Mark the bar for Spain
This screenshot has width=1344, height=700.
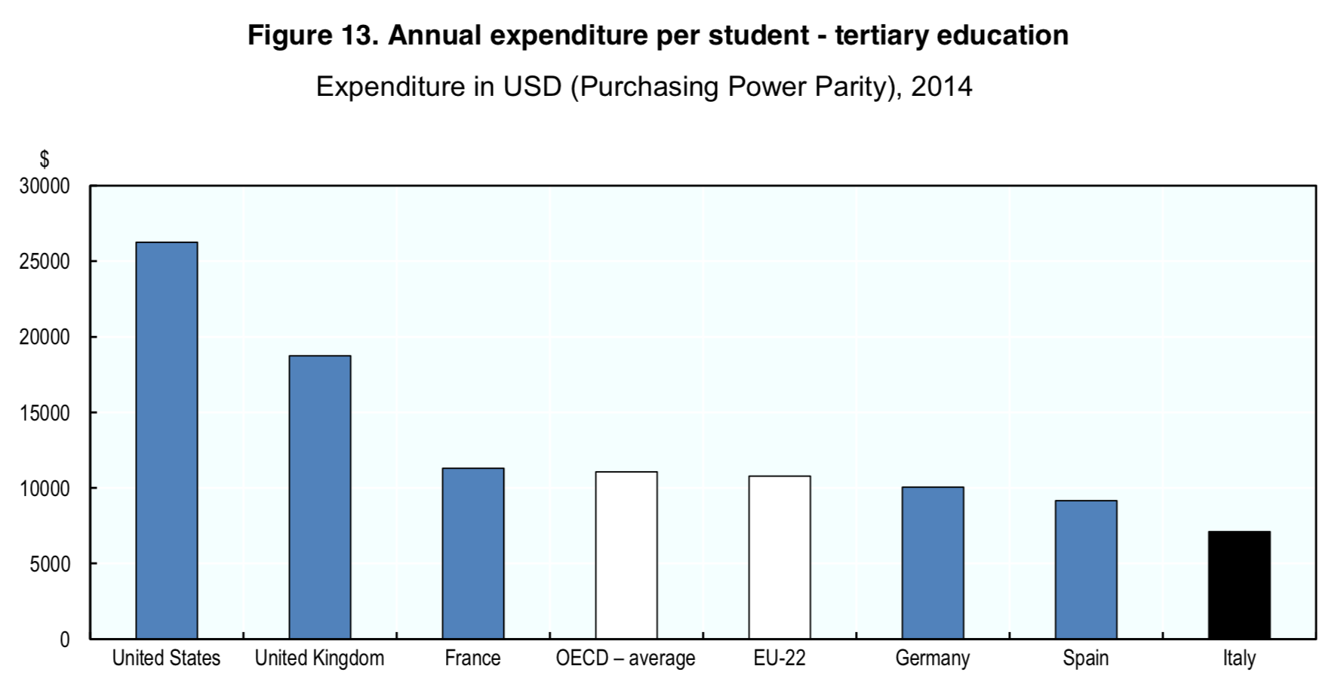click(1085, 569)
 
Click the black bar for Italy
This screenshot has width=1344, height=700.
click(1238, 585)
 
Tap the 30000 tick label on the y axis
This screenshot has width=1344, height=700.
click(45, 186)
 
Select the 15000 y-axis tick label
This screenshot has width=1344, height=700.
click(45, 413)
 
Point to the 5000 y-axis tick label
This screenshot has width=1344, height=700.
click(50, 564)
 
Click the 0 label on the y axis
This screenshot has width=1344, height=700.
click(64, 640)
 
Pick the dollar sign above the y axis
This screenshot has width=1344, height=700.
click(45, 159)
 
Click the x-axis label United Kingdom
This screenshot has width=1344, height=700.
click(319, 658)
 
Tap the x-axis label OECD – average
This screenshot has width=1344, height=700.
click(626, 658)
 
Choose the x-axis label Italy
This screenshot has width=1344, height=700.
click(1239, 658)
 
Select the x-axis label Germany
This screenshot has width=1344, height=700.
click(932, 658)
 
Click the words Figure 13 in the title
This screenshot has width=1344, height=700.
click(312, 35)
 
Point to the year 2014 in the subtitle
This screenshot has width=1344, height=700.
click(941, 87)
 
